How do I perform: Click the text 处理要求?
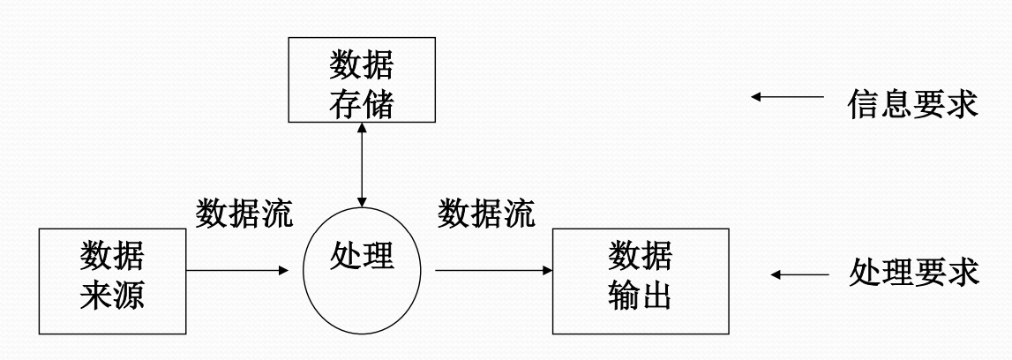coord(913,273)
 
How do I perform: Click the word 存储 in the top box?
coord(361,107)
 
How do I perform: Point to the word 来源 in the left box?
coord(113,298)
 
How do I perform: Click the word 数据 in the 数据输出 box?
coord(640,258)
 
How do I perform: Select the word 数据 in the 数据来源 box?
coord(113,258)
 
